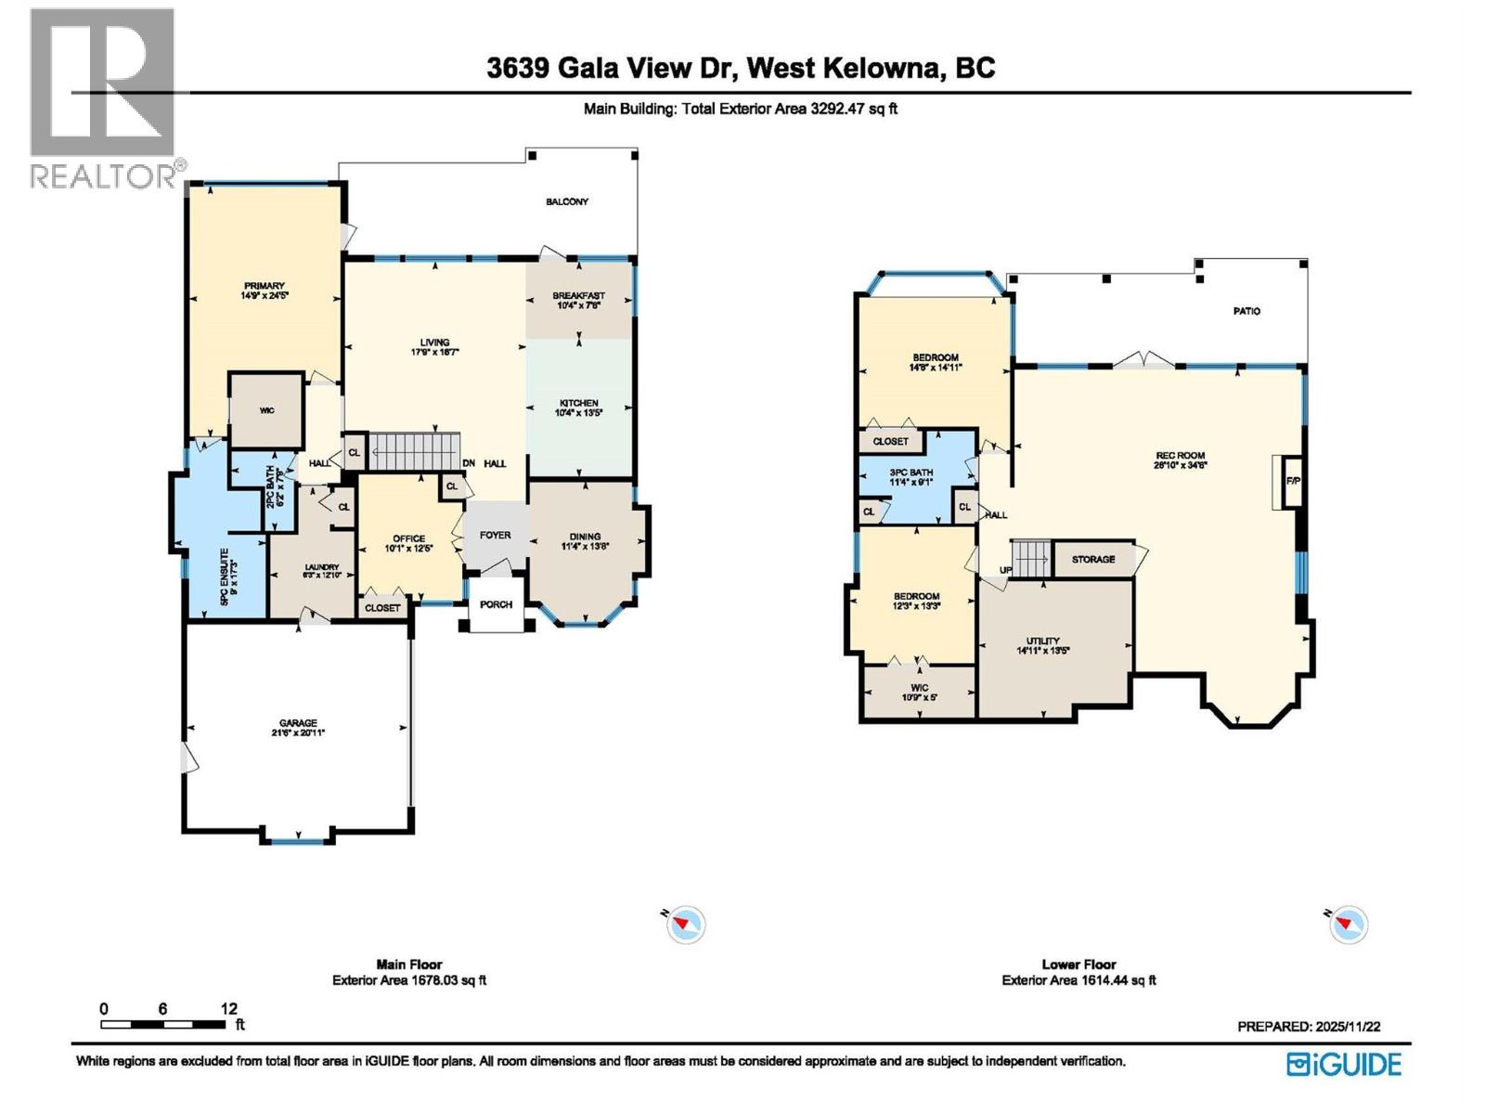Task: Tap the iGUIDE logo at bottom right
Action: coord(1344,1064)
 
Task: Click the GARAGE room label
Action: coord(299,723)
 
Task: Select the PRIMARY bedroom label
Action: coord(265,286)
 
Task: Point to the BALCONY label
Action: coord(566,201)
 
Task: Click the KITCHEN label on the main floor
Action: coord(578,403)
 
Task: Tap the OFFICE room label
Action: coord(408,538)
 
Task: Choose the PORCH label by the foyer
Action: coord(497,604)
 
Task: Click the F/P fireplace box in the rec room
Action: coord(1292,482)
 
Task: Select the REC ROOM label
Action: coord(1180,456)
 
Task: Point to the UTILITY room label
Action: coord(1042,641)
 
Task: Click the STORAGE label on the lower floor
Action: coord(1093,559)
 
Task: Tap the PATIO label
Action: coord(1246,311)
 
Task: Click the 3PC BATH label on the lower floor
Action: coord(910,473)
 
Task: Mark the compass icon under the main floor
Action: coord(686,924)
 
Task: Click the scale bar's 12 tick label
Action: coord(229,1008)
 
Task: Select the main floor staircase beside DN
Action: coord(415,451)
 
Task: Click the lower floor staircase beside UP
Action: coord(1029,559)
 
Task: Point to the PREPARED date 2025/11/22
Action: coord(1309,1027)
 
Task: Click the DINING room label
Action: coord(585,537)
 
